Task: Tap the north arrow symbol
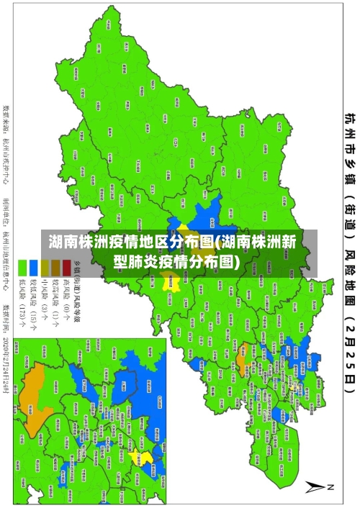[318, 486]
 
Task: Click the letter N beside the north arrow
[332, 486]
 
